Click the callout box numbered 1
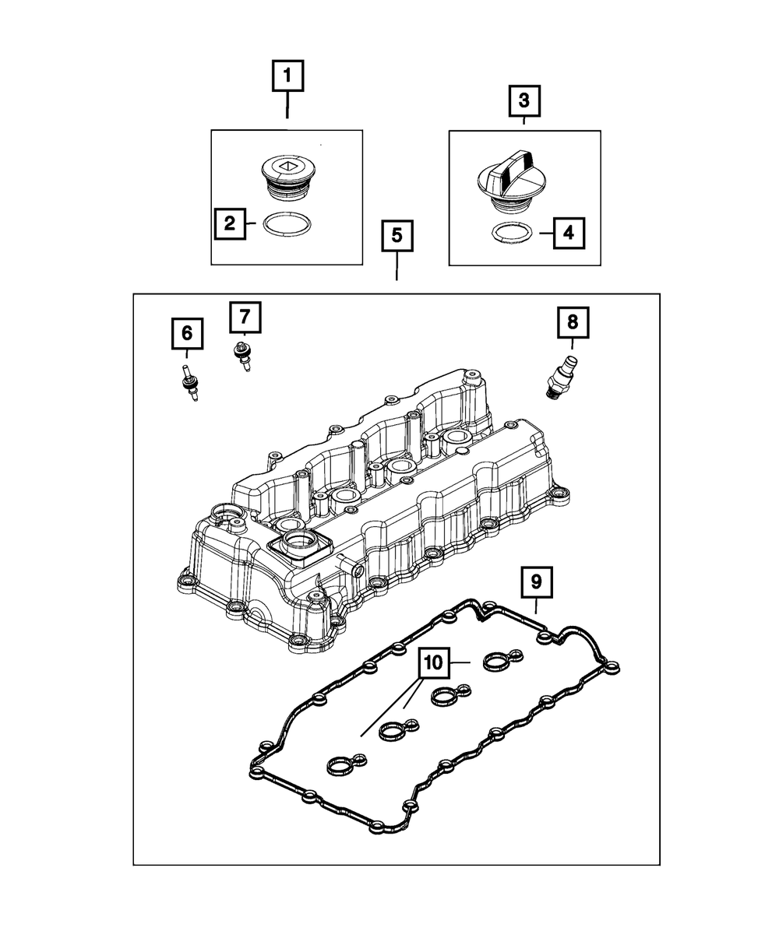point(287,77)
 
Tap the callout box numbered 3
point(523,100)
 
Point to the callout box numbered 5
point(397,236)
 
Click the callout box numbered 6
point(187,334)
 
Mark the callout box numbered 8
point(573,321)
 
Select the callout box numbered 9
point(536,581)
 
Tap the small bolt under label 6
point(188,382)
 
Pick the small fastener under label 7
point(241,355)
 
